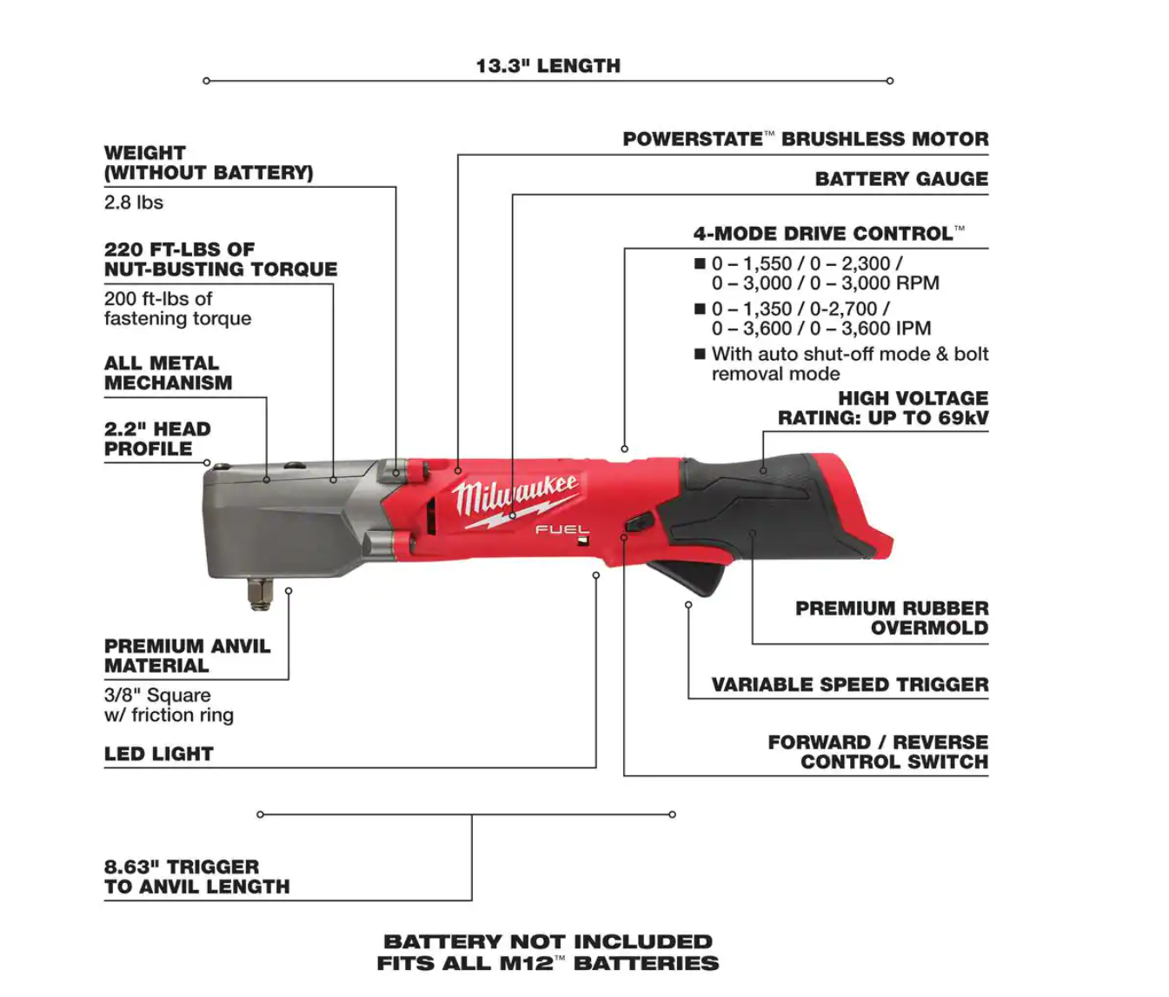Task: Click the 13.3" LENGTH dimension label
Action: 548,66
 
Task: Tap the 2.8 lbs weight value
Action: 134,203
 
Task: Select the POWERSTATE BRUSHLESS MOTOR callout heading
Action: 805,139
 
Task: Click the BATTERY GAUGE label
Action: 901,179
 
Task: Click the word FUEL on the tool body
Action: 561,529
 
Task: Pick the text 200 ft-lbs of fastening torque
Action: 177,309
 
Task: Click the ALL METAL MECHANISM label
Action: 168,373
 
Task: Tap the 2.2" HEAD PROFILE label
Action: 157,439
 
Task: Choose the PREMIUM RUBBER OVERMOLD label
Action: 892,618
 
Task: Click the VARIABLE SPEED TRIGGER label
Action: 849,685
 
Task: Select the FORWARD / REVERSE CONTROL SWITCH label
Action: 878,752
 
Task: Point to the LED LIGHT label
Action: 158,754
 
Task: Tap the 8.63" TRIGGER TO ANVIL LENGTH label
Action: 196,877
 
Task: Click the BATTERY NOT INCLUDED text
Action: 548,942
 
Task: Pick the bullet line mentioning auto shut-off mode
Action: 849,364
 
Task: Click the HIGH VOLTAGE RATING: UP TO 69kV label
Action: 883,409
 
